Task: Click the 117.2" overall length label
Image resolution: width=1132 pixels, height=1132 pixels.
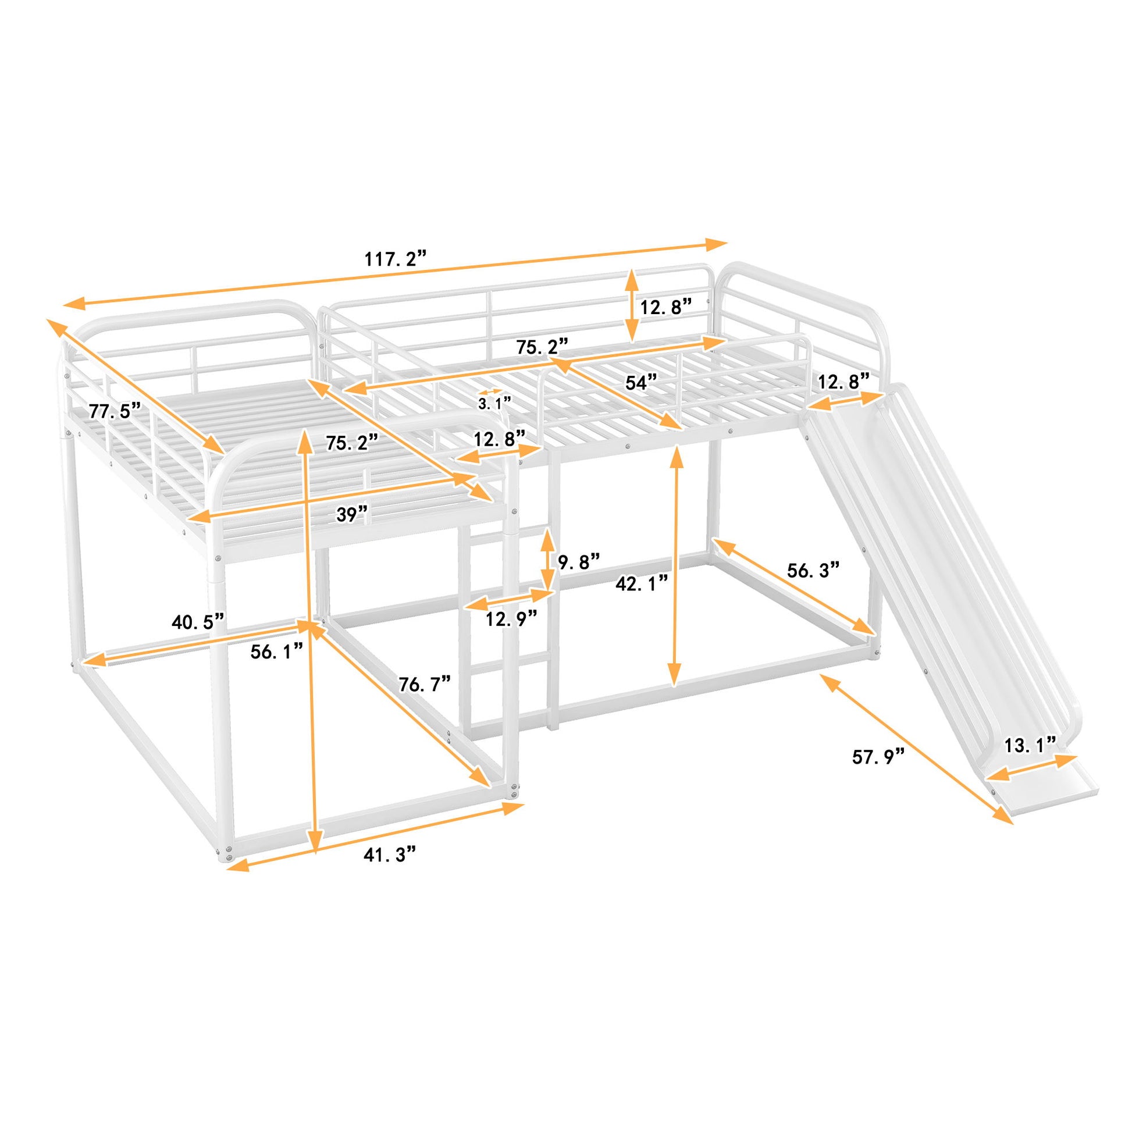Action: coord(395,259)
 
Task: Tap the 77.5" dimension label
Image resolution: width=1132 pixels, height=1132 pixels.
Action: coord(115,410)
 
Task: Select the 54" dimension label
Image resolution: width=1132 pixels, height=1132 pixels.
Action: coord(642,383)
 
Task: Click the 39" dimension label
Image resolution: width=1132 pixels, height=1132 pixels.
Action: coord(352,514)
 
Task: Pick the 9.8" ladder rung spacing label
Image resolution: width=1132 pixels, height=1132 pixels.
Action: coord(579,562)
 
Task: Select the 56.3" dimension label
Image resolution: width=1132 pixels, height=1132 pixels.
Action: coord(813,569)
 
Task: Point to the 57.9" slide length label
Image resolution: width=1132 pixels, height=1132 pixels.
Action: coord(879,757)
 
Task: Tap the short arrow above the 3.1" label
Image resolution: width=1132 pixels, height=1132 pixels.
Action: coord(490,392)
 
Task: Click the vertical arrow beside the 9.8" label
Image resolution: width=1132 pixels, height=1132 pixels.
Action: coord(547,561)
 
